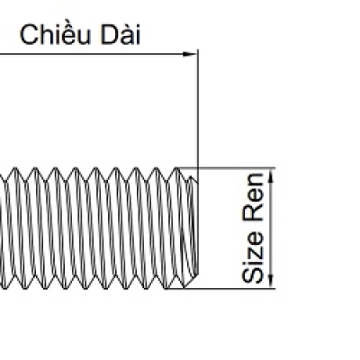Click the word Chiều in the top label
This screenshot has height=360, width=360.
pos(55,34)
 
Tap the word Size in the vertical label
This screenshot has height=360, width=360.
pos(253,256)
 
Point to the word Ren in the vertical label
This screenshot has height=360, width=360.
pos(253,197)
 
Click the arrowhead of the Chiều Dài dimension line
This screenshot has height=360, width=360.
pos(190,54)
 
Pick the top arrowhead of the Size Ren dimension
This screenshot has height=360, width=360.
pos(271,176)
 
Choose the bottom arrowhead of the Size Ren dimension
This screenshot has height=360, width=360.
pos(271,280)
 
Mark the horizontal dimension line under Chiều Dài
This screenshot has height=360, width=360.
pos(98,54)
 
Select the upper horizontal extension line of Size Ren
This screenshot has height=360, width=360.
pos(226,168)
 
